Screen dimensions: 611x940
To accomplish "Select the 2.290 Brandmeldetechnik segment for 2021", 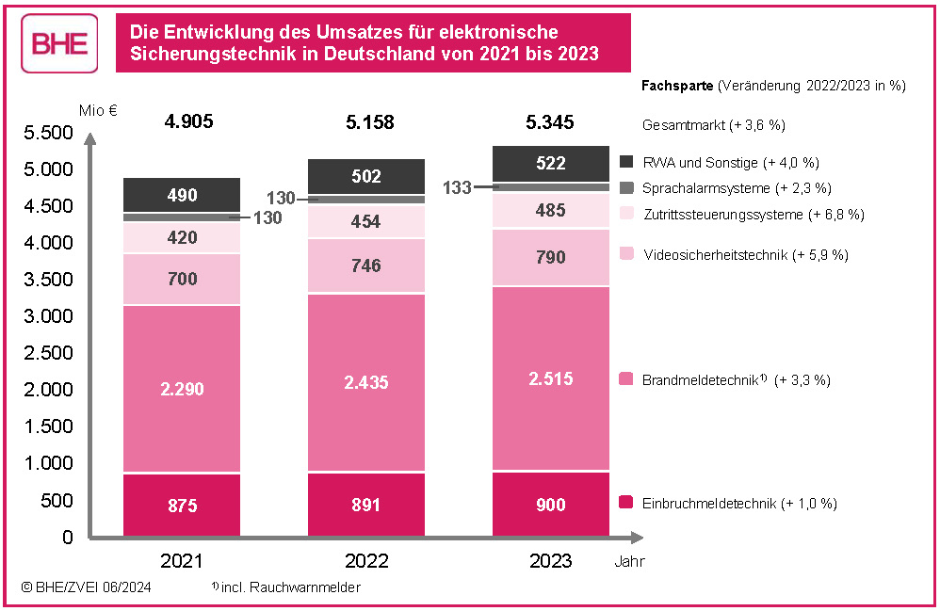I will tap(183, 388).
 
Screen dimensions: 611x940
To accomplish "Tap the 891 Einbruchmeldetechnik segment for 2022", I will tap(366, 505).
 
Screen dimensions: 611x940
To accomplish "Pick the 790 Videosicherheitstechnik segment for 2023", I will tap(550, 257).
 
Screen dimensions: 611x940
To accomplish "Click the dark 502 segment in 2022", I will tap(366, 176).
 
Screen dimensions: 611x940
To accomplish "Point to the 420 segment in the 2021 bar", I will tap(183, 237).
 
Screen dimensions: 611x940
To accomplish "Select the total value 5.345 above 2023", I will tap(550, 122).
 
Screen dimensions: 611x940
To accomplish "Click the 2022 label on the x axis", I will tap(366, 562).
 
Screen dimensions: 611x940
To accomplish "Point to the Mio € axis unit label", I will tap(99, 110).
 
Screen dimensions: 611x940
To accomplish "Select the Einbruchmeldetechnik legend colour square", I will tap(626, 503).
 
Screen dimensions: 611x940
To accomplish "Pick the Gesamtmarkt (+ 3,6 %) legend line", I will tap(713, 124).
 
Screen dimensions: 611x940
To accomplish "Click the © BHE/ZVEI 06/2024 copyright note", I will tap(87, 587).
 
